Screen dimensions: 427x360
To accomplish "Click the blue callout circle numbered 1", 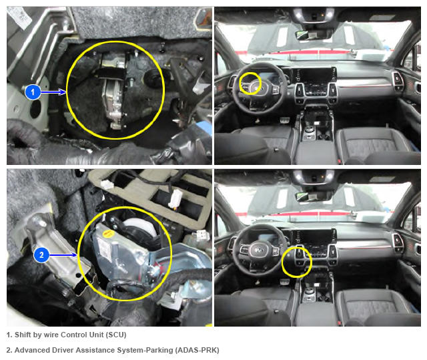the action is [33, 92].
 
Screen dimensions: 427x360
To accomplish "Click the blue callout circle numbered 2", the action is [41, 255].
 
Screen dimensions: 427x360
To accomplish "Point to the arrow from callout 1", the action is [53, 92].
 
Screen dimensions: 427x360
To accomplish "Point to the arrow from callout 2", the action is [63, 255].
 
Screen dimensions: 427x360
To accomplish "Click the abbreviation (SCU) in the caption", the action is [116, 335].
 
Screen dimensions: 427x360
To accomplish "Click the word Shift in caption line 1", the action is [23, 335].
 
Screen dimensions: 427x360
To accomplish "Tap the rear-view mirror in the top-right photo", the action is [313, 34].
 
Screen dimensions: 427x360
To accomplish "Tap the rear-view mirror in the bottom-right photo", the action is [313, 196].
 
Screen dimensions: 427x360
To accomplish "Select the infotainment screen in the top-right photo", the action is [314, 75].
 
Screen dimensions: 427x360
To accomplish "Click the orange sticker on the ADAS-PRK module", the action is [107, 233].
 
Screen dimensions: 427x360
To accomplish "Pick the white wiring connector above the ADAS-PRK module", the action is [175, 198].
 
